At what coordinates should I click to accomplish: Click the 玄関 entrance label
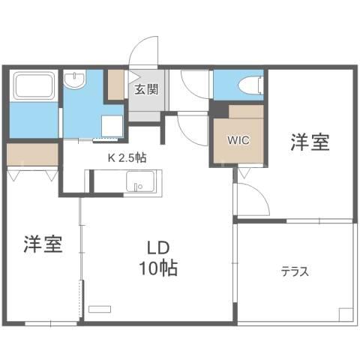tap(146, 89)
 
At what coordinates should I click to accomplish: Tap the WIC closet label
tap(238, 140)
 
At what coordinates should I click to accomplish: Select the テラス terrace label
tap(295, 271)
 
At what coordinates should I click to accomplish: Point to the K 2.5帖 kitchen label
tap(127, 158)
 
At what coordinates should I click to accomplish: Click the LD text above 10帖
tap(158, 247)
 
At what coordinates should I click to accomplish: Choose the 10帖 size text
tap(158, 268)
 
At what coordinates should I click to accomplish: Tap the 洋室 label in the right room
tap(310, 142)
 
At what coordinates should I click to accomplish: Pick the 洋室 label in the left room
tap(43, 244)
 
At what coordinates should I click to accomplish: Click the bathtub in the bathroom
tap(34, 85)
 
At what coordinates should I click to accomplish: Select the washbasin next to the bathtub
tap(75, 79)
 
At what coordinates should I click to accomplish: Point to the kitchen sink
tap(140, 181)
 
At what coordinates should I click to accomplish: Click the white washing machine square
tap(112, 126)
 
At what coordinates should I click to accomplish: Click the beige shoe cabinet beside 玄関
tap(115, 85)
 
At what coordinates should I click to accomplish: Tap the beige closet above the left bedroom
tap(32, 154)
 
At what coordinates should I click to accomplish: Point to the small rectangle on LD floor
tap(100, 309)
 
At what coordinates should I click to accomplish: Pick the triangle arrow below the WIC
tap(244, 172)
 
